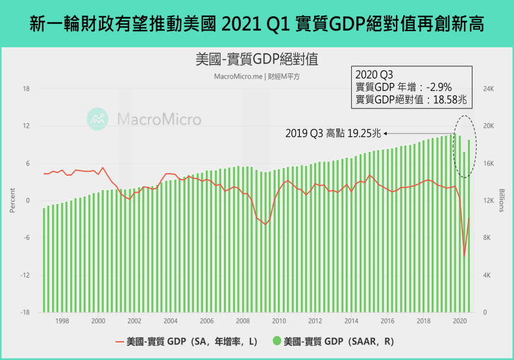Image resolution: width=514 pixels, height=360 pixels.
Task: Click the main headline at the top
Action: tap(257, 24)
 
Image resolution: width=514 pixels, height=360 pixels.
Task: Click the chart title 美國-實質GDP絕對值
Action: tap(256, 59)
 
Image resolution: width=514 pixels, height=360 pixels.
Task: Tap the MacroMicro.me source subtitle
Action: tap(256, 75)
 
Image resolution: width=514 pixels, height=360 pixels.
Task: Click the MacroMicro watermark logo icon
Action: tap(99, 119)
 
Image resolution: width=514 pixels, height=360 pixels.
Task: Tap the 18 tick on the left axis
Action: tap(27, 89)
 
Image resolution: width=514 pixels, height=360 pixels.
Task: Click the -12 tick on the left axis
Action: tap(25, 275)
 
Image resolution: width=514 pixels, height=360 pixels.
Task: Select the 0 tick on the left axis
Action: tap(28, 200)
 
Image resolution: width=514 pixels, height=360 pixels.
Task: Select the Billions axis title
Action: tap(502, 200)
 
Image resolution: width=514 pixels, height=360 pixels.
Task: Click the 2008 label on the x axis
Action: tap(243, 320)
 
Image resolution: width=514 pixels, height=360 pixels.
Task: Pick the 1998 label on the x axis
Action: tap(62, 320)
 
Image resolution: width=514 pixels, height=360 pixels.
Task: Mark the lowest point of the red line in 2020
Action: tap(464, 256)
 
